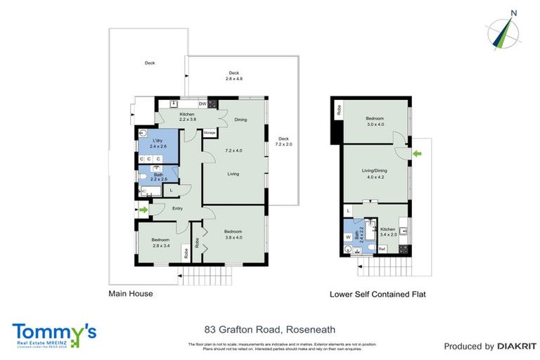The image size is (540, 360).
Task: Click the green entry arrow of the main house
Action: click(145, 209)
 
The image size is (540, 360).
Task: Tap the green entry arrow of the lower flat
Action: click(418, 153)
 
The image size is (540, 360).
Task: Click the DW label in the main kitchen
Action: click(202, 105)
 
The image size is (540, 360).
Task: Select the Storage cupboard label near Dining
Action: click(210, 132)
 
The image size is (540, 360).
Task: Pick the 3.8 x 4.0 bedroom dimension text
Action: click(233, 238)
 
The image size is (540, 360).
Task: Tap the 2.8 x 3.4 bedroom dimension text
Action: click(161, 246)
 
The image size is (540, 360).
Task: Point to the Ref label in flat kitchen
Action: click(382, 249)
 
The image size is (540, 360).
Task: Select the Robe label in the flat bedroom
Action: click(339, 110)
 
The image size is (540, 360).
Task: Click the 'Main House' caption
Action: click(130, 293)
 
